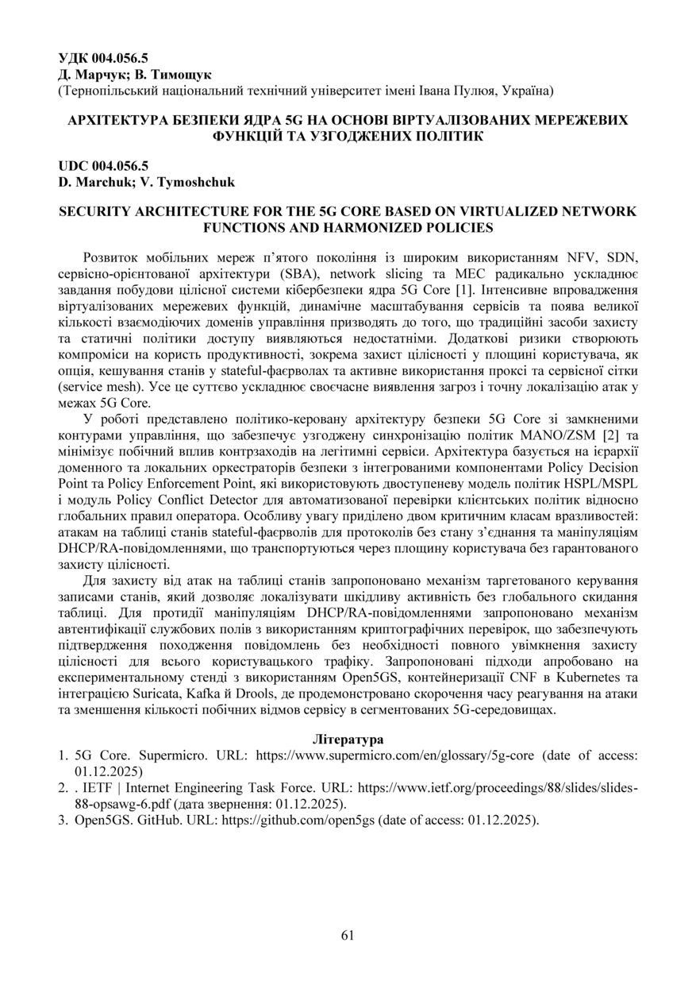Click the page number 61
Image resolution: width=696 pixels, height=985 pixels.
tap(348, 935)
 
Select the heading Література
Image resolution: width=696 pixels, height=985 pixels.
tap(348, 739)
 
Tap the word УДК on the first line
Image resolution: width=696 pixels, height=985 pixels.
tap(74, 57)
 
